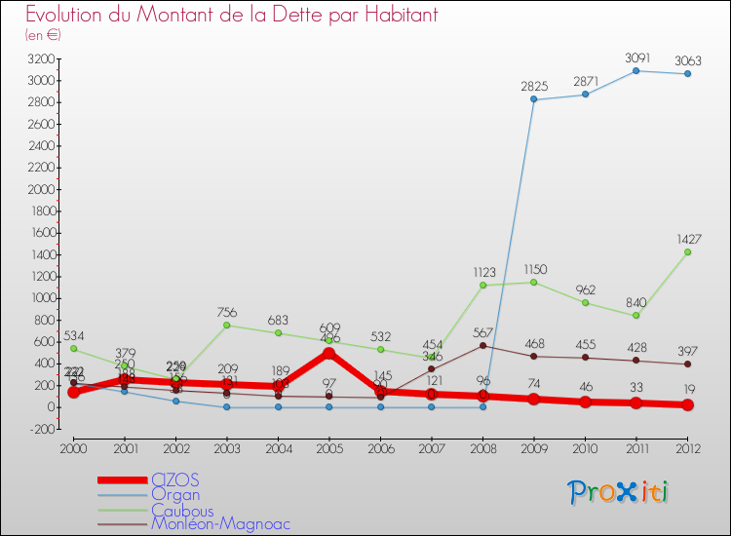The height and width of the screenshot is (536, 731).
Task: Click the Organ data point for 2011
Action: (636, 70)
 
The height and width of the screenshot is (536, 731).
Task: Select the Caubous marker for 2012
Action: (687, 251)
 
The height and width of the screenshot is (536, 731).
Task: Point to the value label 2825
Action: (534, 85)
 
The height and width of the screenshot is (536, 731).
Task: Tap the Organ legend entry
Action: (177, 494)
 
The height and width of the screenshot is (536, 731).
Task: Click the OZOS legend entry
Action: (176, 479)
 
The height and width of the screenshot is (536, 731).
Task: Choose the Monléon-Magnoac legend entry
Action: (220, 523)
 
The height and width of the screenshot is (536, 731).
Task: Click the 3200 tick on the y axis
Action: (41, 59)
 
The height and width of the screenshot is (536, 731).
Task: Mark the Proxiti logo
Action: (618, 492)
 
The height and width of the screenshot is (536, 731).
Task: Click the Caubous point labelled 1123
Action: (482, 285)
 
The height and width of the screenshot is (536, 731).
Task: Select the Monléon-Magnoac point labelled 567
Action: (482, 345)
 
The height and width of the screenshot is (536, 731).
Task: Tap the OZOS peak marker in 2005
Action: (329, 353)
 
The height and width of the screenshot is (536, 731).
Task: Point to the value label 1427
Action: (687, 238)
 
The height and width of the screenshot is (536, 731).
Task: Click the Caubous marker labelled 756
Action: (227, 325)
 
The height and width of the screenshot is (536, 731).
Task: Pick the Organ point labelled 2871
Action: (585, 94)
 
